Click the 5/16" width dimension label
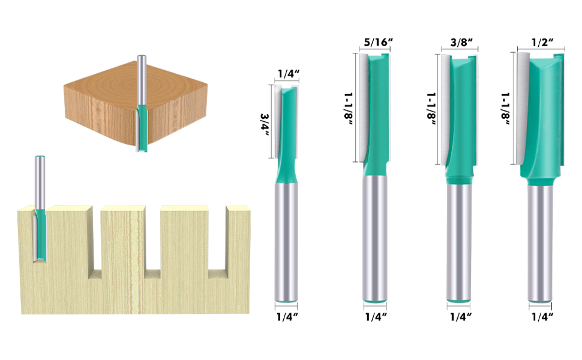pos(378,42)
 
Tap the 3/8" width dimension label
pos(461,43)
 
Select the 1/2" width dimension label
pos(542,42)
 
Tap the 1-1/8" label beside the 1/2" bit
pos(505,109)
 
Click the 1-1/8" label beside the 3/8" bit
pos(431,109)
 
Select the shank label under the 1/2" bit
pos(542,317)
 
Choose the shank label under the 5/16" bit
pos(376,317)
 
